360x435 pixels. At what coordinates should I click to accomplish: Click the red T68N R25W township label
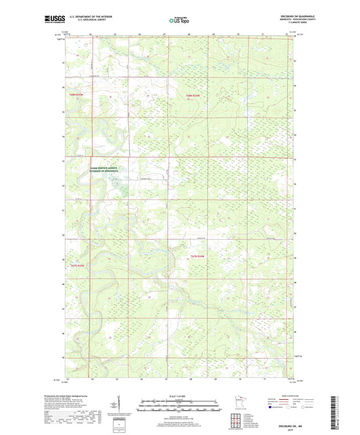[77, 95]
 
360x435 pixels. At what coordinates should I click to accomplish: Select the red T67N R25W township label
[78, 265]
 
